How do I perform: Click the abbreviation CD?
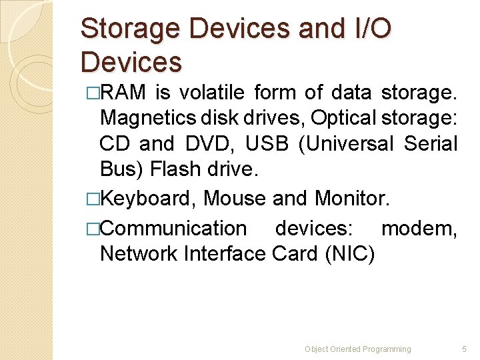pyautogui.click(x=116, y=143)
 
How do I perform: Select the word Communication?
pyautogui.click(x=173, y=228)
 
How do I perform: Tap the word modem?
pyautogui.click(x=419, y=228)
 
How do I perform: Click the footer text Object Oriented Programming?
pyautogui.click(x=358, y=349)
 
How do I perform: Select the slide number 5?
pyautogui.click(x=465, y=349)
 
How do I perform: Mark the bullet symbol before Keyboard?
pyautogui.click(x=92, y=198)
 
